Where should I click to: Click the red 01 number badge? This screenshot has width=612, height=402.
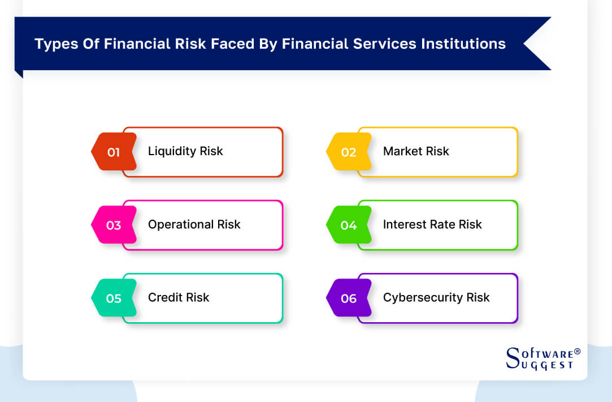114,152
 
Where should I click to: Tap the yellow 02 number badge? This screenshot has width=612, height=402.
349,152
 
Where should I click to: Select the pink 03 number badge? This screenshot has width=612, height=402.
114,225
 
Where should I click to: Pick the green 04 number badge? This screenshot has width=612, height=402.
349,225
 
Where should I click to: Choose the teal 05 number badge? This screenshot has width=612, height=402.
114,298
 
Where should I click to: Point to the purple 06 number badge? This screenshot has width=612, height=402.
349,298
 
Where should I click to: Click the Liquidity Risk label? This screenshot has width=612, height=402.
185,151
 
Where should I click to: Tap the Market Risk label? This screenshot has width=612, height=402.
416,151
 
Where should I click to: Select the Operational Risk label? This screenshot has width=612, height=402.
194,224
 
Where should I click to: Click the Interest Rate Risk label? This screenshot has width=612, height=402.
432,224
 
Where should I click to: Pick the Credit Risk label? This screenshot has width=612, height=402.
179,297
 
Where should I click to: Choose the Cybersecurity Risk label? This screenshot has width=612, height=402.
436,297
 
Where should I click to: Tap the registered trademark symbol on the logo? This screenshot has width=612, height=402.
577,352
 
